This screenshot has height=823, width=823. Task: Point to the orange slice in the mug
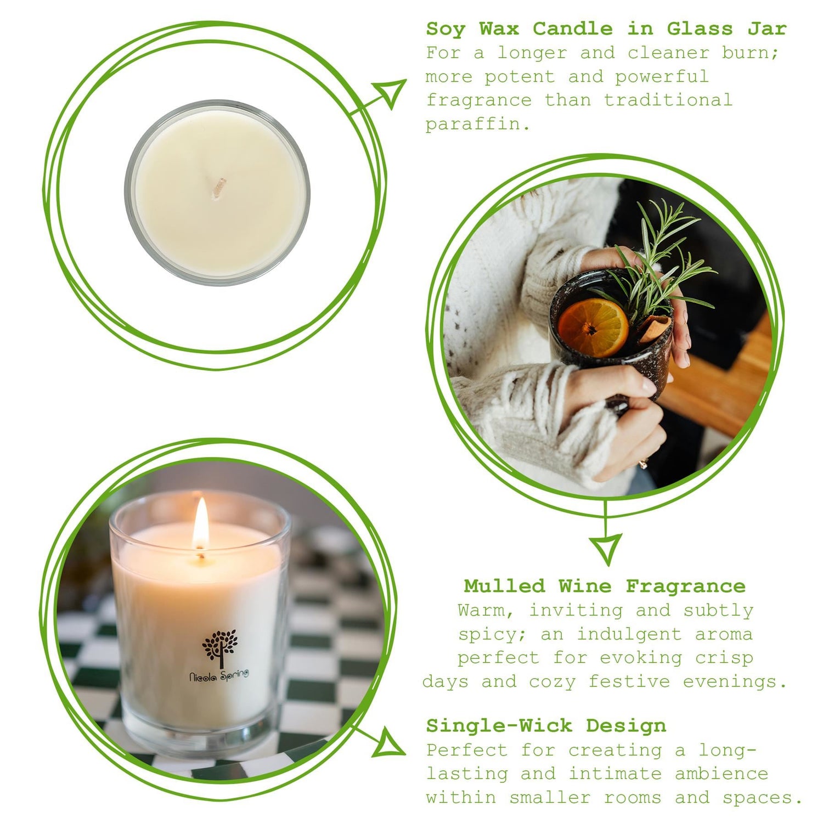click(593, 328)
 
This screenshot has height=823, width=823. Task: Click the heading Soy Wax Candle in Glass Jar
click(606, 29)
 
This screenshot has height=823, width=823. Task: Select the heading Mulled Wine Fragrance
click(605, 586)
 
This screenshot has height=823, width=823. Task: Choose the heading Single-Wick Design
click(546, 725)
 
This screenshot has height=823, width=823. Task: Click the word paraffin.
click(477, 125)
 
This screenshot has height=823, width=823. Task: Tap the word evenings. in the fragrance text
click(735, 681)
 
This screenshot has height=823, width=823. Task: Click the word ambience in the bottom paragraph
click(721, 774)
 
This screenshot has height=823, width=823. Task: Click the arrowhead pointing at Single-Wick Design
click(389, 743)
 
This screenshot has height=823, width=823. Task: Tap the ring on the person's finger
click(642, 464)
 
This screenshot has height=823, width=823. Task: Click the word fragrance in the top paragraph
click(478, 100)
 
